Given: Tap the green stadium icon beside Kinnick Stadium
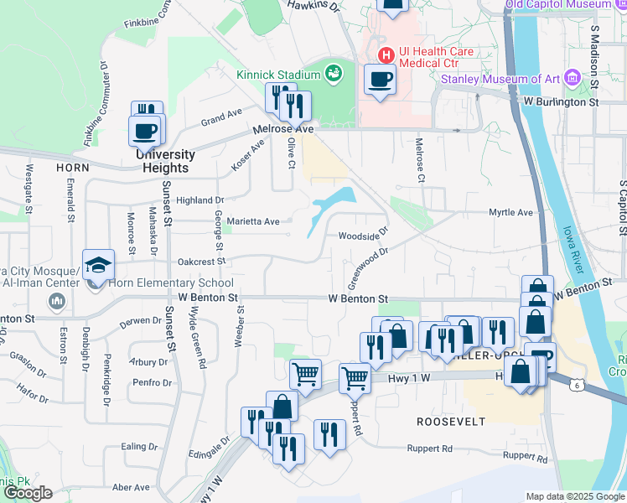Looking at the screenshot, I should click(334, 74).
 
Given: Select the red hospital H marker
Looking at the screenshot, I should click(386, 56).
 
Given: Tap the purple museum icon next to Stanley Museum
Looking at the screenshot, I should click(573, 78).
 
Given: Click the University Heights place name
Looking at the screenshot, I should click(165, 155).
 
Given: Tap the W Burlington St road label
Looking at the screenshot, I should click(560, 101).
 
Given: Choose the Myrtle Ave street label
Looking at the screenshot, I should click(511, 213).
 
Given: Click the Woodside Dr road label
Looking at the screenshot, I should click(364, 235).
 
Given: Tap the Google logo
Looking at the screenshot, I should click(28, 493).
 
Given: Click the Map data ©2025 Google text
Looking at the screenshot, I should click(574, 496).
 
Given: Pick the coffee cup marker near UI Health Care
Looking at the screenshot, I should click(380, 80).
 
